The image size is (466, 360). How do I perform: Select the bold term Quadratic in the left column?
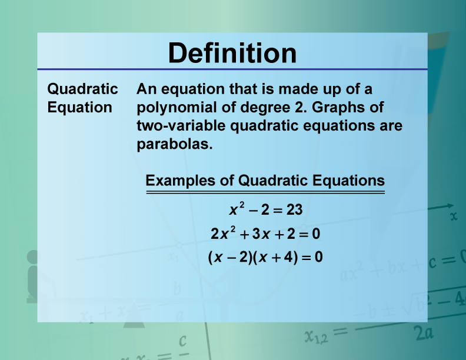pos(82,89)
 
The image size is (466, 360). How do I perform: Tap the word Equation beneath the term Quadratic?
pos(79,107)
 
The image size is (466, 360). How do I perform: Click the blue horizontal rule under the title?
pos(232,69)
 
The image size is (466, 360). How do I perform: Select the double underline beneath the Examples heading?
pos(265,192)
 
